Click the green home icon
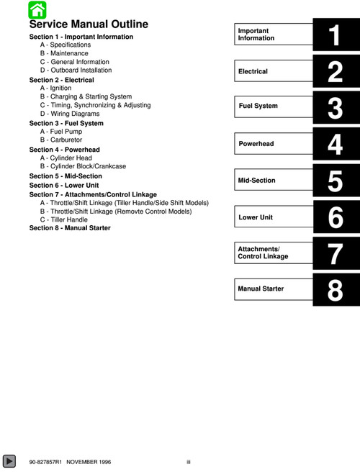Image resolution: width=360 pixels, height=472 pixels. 37,9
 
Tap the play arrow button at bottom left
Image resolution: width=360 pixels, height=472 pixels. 9,460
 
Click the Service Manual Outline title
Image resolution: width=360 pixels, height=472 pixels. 89,24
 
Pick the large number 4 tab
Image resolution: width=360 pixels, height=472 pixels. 335,145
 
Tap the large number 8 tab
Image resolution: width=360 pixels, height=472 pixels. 335,289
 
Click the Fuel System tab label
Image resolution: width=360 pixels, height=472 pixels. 258,106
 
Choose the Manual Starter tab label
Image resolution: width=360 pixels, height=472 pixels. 261,289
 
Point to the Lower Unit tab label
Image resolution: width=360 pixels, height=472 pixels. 256,217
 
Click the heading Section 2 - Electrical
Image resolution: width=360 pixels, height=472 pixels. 62,80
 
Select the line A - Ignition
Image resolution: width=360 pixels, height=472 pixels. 55,88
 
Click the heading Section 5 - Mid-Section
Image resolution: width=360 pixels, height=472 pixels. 66,176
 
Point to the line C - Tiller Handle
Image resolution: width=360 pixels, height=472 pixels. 64,219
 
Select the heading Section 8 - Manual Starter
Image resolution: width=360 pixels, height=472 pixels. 70,228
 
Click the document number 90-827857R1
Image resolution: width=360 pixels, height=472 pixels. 46,460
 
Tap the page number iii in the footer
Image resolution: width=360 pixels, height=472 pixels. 188,460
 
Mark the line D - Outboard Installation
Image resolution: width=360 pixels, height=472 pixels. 76,71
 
